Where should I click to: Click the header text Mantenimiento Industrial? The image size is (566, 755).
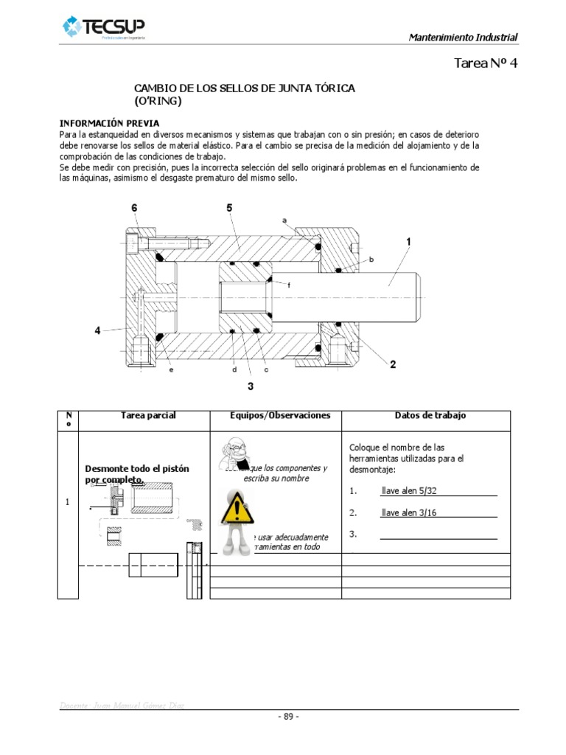(463, 38)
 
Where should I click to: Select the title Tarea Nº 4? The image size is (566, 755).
(487, 63)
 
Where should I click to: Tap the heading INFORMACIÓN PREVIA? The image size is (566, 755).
(109, 122)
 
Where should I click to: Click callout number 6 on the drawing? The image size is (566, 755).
(134, 208)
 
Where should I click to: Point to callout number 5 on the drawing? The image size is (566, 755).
(230, 208)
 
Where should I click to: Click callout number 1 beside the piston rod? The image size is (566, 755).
(408, 242)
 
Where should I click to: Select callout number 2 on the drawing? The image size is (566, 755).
(393, 364)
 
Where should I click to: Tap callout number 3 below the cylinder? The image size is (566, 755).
(251, 386)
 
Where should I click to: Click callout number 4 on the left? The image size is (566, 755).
(97, 331)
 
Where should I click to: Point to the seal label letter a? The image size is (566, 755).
(284, 220)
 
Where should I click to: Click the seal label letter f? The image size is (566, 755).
(289, 285)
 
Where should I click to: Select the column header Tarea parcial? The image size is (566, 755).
(148, 416)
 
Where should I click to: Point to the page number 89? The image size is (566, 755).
(288, 717)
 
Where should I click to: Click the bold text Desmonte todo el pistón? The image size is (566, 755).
(137, 470)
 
